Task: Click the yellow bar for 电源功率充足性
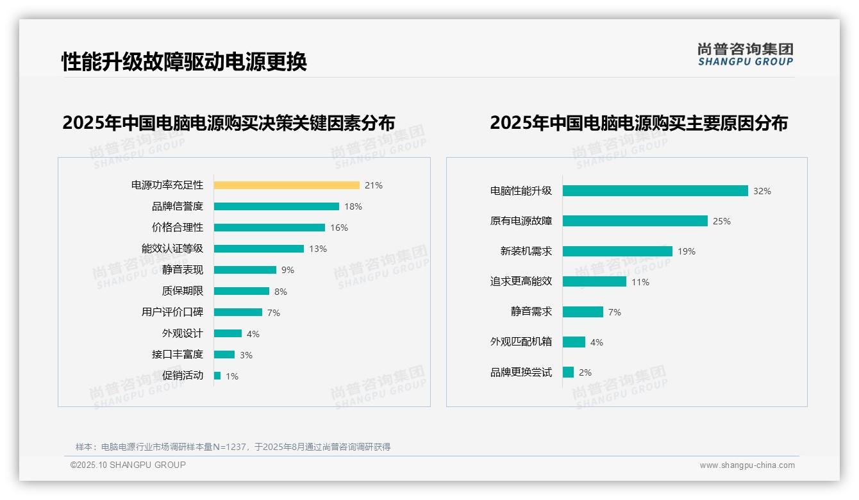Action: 287,185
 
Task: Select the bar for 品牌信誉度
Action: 276,206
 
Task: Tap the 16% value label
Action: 339,228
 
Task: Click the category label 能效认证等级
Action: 172,249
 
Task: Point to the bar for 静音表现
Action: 245,270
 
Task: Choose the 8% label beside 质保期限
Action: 281,292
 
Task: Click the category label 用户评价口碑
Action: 172,312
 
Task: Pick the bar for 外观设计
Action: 228,333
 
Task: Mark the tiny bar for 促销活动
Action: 217,376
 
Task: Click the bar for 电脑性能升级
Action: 655,191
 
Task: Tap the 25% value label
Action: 722,221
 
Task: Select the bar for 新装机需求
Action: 617,251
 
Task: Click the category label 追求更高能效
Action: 521,281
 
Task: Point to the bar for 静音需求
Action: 583,312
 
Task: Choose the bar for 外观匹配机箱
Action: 574,342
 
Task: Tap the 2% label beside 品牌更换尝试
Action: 585,372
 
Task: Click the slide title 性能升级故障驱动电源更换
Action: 185,62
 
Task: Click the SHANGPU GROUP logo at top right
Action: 746,54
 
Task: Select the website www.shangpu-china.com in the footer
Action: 747,465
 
